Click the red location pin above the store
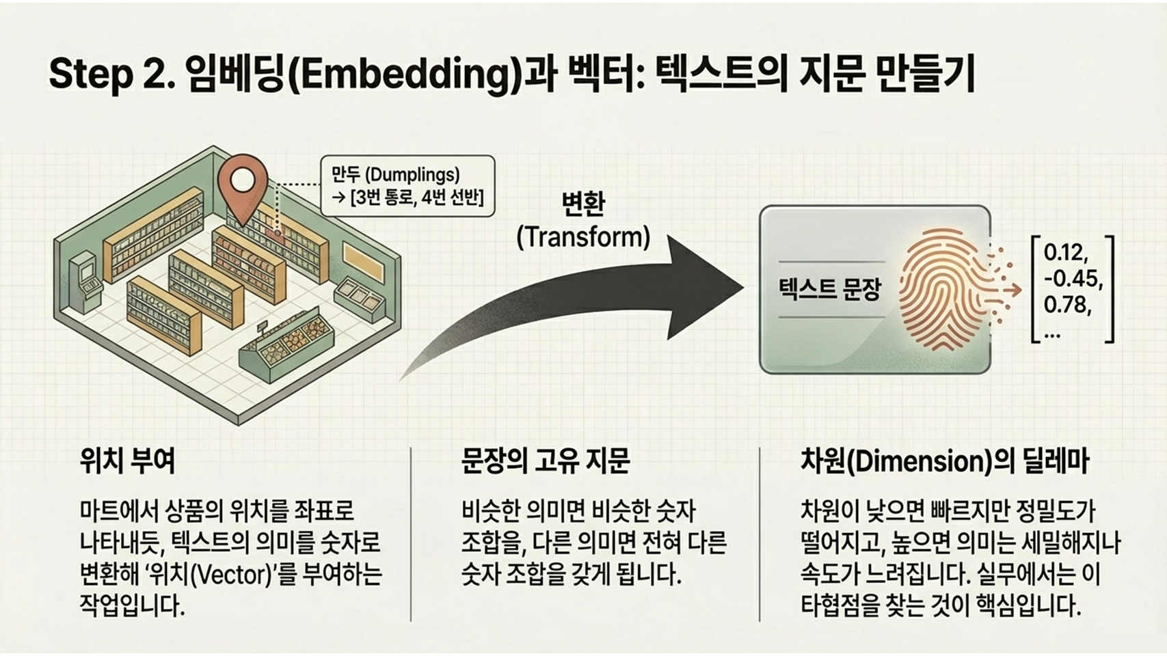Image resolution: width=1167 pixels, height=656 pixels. pos(242,181)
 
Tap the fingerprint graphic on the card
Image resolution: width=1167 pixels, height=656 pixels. pos(939,290)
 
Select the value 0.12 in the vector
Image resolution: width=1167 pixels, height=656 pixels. pos(1064,253)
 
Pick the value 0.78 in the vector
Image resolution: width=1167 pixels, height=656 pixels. pos(1067,305)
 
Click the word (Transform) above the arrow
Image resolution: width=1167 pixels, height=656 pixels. pos(583,237)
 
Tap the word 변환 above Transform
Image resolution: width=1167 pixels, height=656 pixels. pos(583,204)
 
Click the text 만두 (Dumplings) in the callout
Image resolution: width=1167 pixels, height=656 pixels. pos(396,174)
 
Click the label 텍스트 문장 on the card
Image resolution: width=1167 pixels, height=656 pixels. pos(829,290)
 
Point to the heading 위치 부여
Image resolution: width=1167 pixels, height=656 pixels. pos(128,461)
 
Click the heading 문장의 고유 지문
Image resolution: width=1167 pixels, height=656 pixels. pos(545,461)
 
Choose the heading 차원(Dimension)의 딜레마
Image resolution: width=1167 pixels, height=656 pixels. pos(944,462)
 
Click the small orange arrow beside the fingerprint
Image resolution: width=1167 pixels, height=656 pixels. pos(1010,290)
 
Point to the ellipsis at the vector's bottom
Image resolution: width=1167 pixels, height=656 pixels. pos(1052,333)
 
